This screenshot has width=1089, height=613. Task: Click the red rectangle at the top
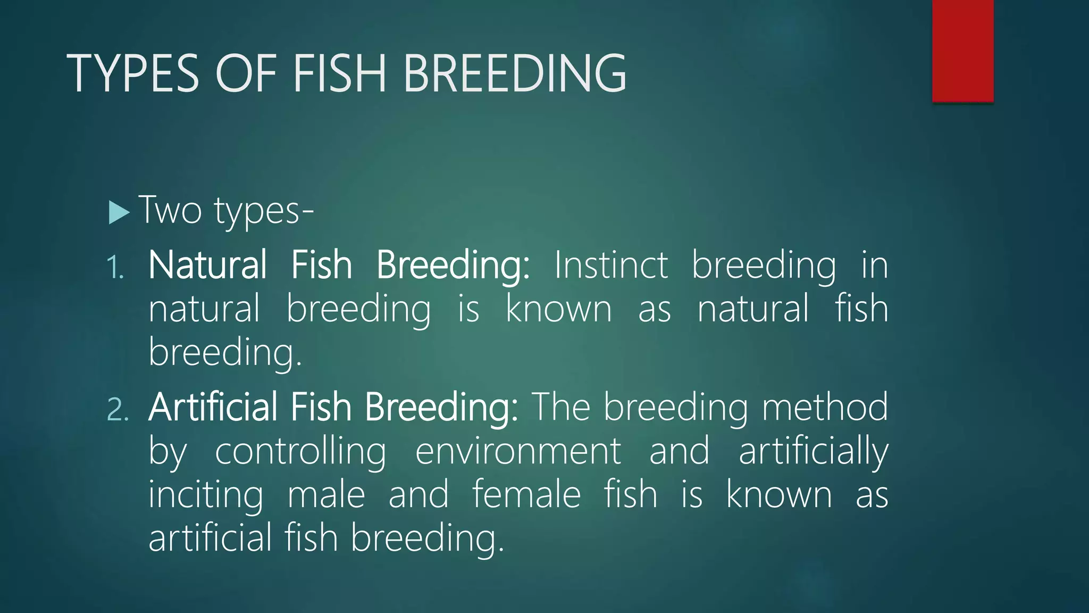pos(962,51)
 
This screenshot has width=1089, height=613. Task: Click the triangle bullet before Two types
pos(119,212)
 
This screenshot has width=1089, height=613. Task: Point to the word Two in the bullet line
pos(170,210)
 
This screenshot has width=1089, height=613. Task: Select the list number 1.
pos(115,267)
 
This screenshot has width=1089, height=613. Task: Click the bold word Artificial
pos(213,407)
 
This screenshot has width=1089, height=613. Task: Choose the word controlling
pos(300,451)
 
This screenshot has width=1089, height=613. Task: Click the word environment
pos(517,451)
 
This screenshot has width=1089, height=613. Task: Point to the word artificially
pos(813,451)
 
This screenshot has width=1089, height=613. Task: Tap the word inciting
pos(205,495)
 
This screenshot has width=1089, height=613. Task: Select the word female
pos(526,495)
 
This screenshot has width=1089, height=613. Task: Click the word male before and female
pos(326,495)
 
